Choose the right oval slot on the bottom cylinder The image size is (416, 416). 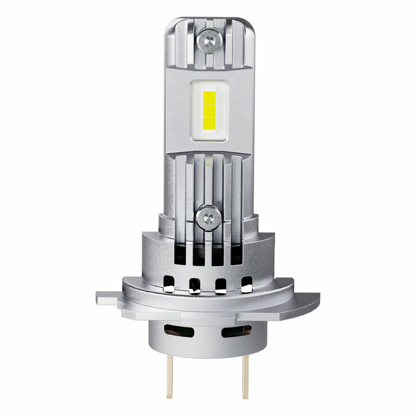point(236,330)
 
